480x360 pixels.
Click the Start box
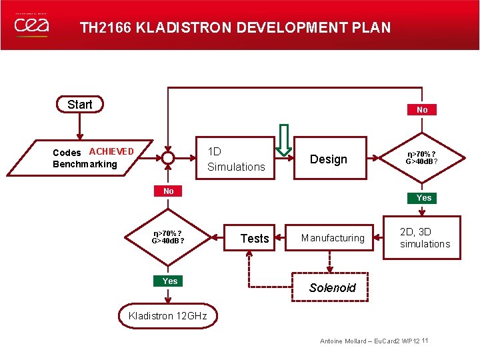pyautogui.click(x=80, y=105)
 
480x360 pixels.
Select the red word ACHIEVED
pyautogui.click(x=111, y=151)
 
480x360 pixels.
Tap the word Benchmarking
pyautogui.click(x=85, y=164)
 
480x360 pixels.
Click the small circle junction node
pyautogui.click(x=167, y=159)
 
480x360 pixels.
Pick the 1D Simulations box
pyautogui.click(x=235, y=159)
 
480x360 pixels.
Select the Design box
pyautogui.click(x=329, y=159)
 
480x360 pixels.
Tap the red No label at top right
pyautogui.click(x=422, y=109)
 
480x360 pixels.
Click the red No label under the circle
pyautogui.click(x=168, y=191)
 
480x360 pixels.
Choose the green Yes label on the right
pyautogui.click(x=423, y=198)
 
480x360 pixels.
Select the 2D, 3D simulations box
pyautogui.click(x=425, y=238)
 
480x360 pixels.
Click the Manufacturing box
pyautogui.click(x=333, y=238)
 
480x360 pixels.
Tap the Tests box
pyautogui.click(x=255, y=238)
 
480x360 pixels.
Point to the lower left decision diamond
pyautogui.click(x=167, y=237)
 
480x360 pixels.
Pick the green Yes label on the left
pyautogui.click(x=170, y=281)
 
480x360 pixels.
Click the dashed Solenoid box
pyautogui.click(x=332, y=288)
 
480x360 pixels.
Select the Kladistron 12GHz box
pyautogui.click(x=168, y=316)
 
